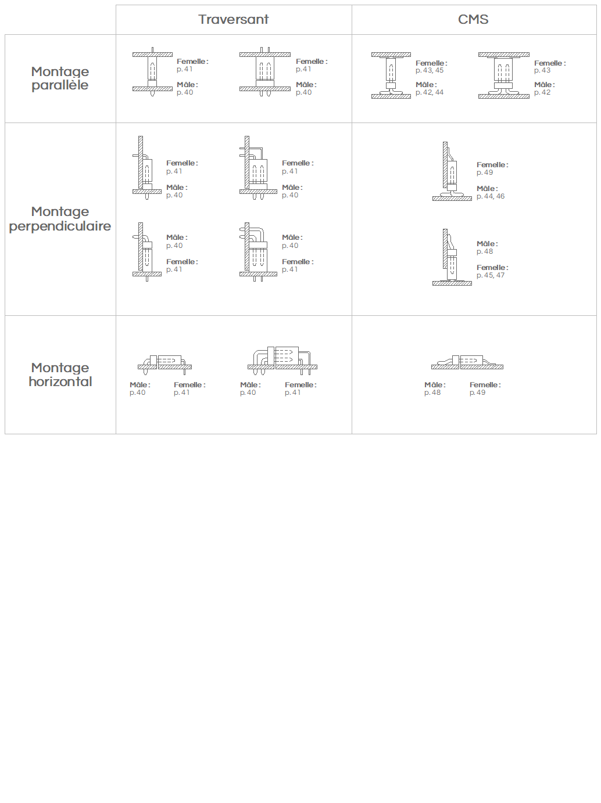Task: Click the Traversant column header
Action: click(x=233, y=19)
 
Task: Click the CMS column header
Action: click(x=473, y=19)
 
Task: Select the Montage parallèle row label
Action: click(x=60, y=78)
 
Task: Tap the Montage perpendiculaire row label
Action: click(x=60, y=219)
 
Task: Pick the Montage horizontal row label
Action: click(x=60, y=375)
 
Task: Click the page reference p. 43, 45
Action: click(x=429, y=70)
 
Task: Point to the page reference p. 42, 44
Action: click(x=429, y=92)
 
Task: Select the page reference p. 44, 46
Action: click(x=491, y=196)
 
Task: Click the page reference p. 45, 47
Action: click(x=491, y=275)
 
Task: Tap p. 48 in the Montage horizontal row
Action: click(x=432, y=393)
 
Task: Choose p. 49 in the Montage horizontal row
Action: click(x=477, y=393)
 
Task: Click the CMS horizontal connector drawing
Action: click(x=467, y=362)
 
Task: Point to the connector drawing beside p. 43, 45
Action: click(x=391, y=75)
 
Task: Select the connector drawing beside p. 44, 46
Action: click(x=452, y=171)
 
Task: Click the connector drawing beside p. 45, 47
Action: click(x=452, y=257)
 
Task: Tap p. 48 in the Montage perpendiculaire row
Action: click(x=485, y=251)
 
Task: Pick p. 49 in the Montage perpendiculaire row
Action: click(x=485, y=172)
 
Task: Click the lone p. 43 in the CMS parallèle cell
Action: click(x=542, y=70)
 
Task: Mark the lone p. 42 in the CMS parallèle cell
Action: click(x=542, y=92)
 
